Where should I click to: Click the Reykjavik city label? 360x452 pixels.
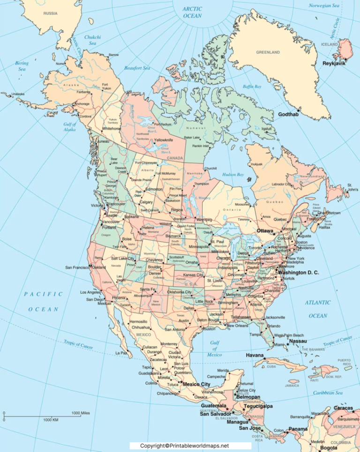click(x=334, y=63)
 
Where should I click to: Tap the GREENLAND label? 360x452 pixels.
click(x=268, y=52)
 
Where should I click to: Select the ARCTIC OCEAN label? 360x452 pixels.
click(x=192, y=12)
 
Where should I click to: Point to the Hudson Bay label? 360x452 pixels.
click(x=233, y=174)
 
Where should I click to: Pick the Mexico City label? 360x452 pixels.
click(x=196, y=384)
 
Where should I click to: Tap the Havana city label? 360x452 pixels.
click(x=255, y=355)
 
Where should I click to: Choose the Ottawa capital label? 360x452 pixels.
click(x=265, y=231)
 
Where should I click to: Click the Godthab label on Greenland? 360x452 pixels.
click(x=288, y=114)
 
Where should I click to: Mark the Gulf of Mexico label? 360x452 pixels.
click(x=214, y=348)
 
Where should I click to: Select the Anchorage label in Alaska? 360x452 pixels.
click(x=82, y=104)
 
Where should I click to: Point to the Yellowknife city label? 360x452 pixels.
click(x=164, y=140)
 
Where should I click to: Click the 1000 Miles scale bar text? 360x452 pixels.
click(x=80, y=413)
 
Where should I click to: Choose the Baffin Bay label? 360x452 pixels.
click(x=252, y=86)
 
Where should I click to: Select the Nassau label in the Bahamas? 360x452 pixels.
click(x=298, y=341)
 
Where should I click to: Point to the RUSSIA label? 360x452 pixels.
click(x=50, y=13)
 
